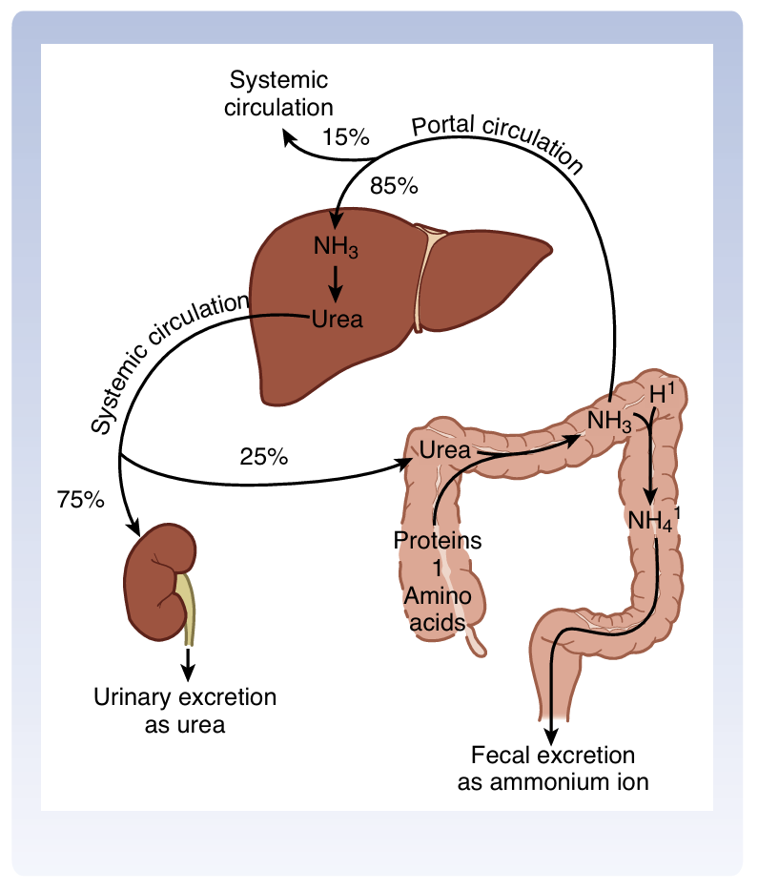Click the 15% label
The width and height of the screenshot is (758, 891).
pos(345,136)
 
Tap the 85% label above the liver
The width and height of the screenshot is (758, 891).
pos(395,185)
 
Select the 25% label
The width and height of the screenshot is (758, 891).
pos(263,456)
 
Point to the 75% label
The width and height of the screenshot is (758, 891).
pos(80,498)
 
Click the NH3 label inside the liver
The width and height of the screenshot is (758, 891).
pos(336,248)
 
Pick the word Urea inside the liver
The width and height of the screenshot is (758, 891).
pos(337,319)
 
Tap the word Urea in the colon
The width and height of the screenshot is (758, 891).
pos(445,450)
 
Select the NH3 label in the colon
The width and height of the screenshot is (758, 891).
pos(609,421)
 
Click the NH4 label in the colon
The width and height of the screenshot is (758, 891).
pos(652,521)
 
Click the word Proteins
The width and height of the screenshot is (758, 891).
pos(438,541)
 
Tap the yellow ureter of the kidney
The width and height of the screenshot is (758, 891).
pos(188,611)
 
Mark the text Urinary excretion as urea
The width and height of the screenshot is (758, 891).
pos(185,711)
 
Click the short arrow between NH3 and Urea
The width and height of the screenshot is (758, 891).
pos(336,283)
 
